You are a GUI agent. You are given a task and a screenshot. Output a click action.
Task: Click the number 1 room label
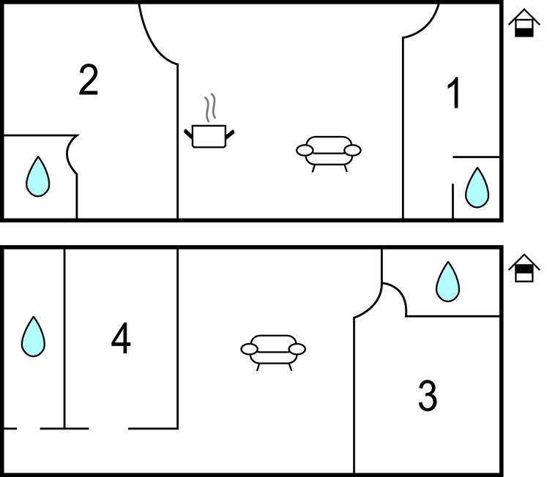[x=454, y=93]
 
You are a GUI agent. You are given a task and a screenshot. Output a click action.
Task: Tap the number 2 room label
[x=89, y=80]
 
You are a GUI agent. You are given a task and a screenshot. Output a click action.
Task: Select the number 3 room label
[x=428, y=396]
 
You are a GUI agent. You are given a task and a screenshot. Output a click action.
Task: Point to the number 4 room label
[x=121, y=338]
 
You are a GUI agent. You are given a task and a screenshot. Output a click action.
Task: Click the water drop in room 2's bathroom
[x=38, y=176]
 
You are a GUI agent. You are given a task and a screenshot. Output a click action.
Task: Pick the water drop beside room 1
[x=477, y=187]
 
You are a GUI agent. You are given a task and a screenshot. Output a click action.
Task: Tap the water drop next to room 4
[x=33, y=337]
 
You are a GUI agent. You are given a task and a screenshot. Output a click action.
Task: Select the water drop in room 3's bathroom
[x=447, y=281]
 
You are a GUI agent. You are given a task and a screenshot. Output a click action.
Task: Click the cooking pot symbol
[x=209, y=136]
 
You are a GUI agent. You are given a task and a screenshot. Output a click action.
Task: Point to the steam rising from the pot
[x=210, y=108]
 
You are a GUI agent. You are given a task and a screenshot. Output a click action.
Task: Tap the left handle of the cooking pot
[x=188, y=133]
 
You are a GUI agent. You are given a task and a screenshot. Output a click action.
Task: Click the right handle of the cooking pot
[x=230, y=133]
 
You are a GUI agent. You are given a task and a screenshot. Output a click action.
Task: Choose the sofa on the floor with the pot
[x=328, y=154]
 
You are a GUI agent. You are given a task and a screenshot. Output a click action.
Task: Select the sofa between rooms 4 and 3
[x=273, y=352]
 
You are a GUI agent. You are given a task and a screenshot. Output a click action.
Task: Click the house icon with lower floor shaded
[x=524, y=23]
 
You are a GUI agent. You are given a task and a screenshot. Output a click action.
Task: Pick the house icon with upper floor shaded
[x=524, y=268]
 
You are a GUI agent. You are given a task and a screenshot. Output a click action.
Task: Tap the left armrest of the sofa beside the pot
[x=305, y=151]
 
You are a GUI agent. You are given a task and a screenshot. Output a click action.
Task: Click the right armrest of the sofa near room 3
[x=297, y=349]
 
